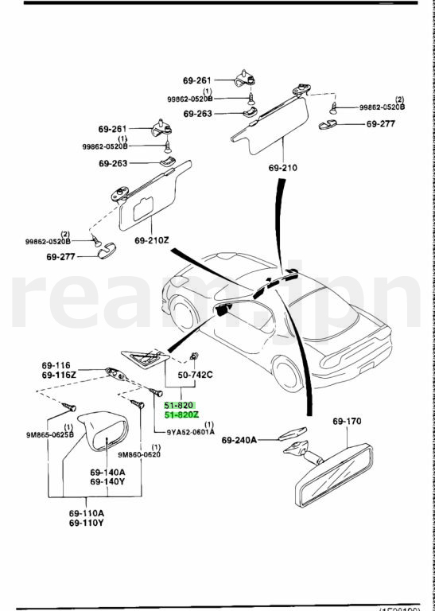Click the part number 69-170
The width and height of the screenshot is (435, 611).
click(347, 421)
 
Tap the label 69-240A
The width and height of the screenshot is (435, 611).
click(239, 440)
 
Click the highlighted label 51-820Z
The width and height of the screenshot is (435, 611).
click(181, 414)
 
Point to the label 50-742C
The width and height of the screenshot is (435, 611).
click(195, 375)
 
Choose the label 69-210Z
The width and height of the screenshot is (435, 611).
click(152, 240)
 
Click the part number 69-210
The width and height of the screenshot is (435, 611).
click(283, 168)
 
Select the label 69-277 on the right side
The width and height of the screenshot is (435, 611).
click(380, 124)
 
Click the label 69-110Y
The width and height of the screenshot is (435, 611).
click(87, 523)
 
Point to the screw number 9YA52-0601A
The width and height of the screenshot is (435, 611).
click(190, 432)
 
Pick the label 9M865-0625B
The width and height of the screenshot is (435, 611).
click(50, 435)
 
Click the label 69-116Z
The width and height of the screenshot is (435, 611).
click(59, 375)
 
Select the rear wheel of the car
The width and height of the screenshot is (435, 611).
click(287, 373)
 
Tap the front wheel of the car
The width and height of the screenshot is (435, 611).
click(183, 313)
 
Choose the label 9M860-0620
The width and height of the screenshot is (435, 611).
click(139, 454)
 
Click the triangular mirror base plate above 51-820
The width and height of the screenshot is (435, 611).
click(145, 359)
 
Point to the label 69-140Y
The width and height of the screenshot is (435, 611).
click(107, 481)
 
